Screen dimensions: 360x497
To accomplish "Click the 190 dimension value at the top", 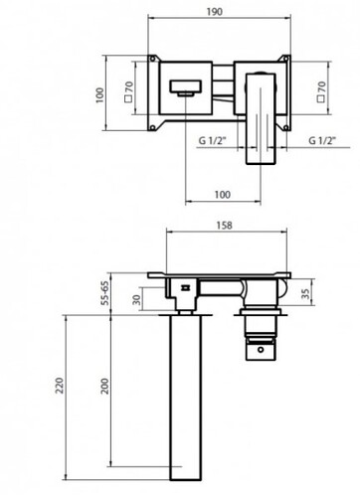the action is point(215,12).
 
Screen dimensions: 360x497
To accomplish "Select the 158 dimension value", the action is point(225,226).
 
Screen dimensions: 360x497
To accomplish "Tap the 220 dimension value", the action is point(60,385).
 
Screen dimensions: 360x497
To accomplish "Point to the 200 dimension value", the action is point(104,386).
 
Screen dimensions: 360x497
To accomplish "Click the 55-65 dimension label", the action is point(104,293).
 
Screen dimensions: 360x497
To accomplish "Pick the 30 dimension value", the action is point(136,300).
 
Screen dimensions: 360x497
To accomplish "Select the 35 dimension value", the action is point(305,293).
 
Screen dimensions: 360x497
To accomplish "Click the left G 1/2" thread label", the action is point(212,140).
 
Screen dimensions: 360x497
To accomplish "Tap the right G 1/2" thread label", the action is point(322,140).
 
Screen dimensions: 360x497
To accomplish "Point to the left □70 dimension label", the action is point(128,91).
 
